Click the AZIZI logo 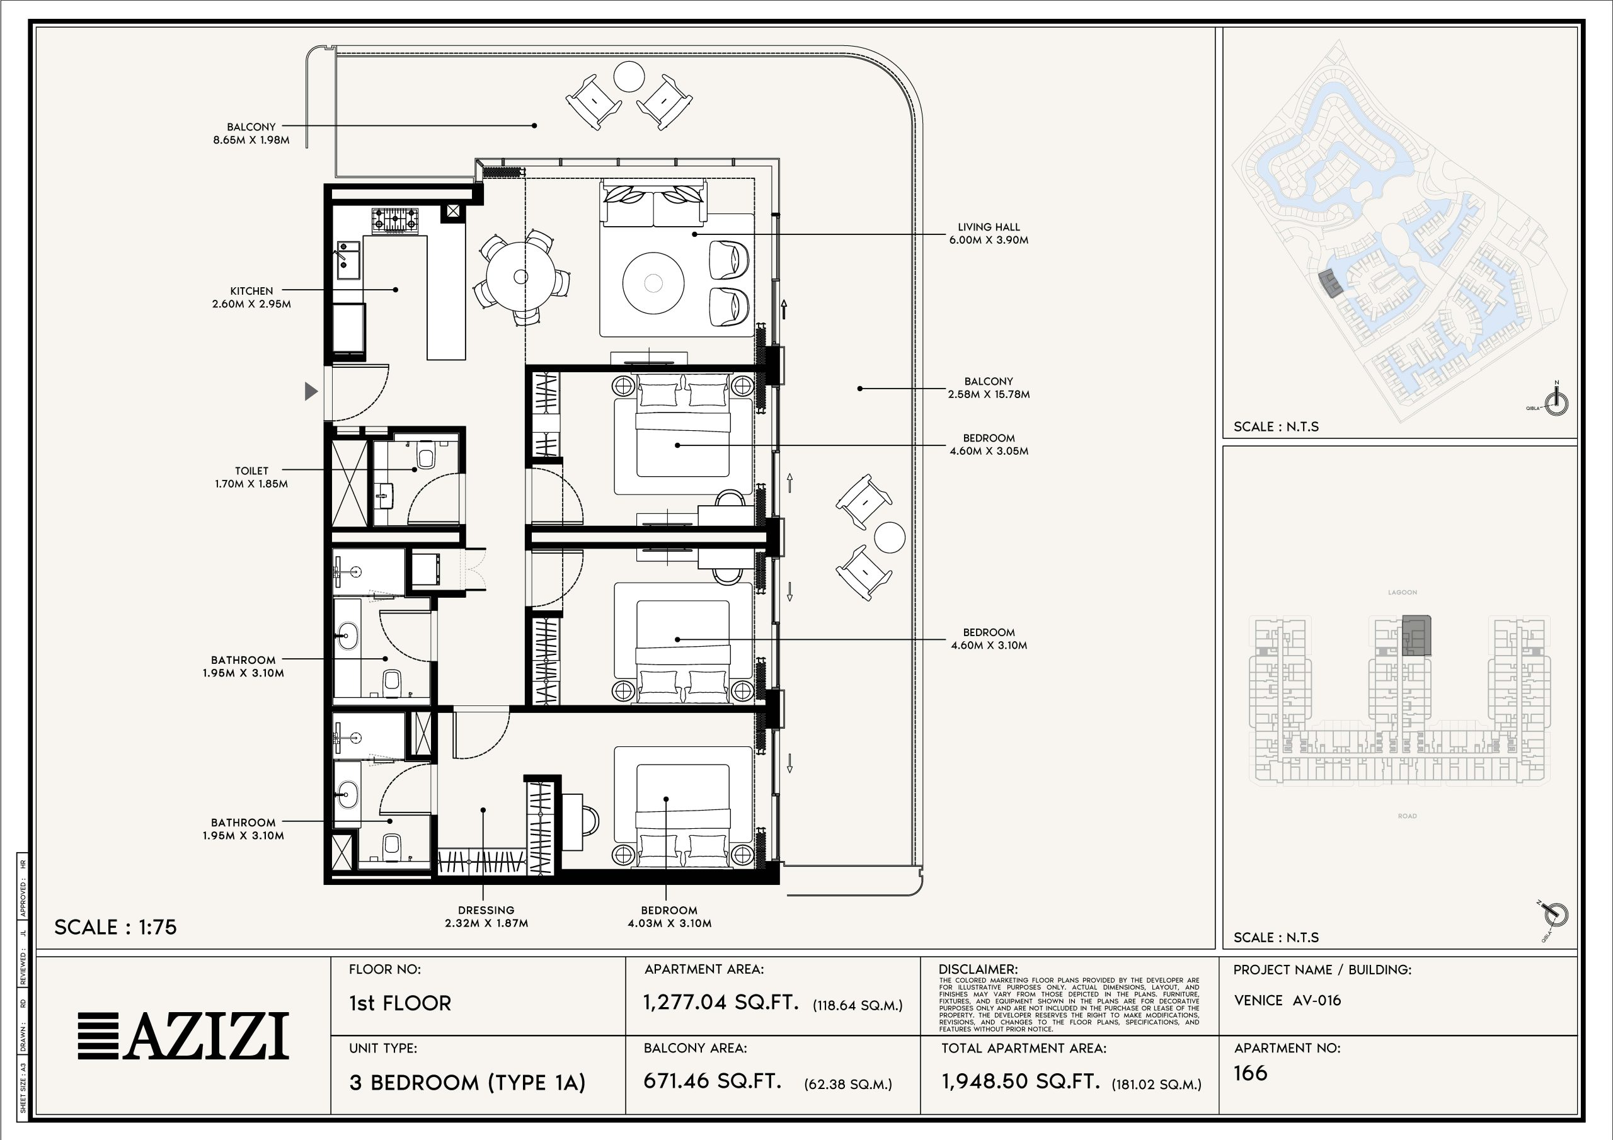(183, 1035)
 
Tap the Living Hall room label (989, 233)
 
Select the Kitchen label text (251, 297)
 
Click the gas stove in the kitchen (394, 220)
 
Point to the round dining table (520, 276)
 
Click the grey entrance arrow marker (311, 391)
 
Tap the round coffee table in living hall (653, 283)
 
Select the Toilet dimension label (251, 477)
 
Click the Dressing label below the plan (486, 916)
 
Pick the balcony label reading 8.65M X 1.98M (251, 134)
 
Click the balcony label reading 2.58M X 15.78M (989, 388)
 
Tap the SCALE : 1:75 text (115, 927)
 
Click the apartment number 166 (1251, 1073)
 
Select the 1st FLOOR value (399, 1003)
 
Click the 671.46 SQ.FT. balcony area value (713, 1081)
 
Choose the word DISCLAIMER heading (978, 969)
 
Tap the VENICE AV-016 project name (1287, 1000)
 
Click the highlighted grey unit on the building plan (1416, 636)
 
